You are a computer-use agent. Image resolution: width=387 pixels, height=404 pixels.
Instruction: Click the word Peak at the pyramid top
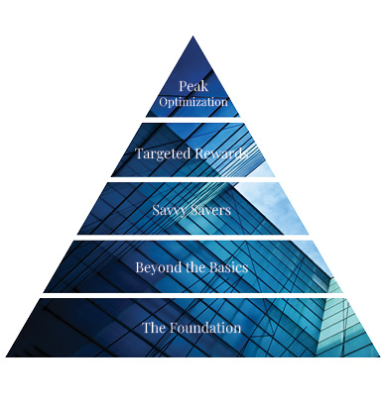click(x=193, y=87)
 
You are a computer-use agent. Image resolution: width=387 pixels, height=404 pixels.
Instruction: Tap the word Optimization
click(x=193, y=102)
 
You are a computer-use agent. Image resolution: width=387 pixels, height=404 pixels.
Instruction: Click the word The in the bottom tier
click(x=155, y=327)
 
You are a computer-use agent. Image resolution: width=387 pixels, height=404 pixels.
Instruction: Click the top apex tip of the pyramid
click(x=193, y=37)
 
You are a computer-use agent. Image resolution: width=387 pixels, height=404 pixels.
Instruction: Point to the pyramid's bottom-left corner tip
click(x=7, y=355)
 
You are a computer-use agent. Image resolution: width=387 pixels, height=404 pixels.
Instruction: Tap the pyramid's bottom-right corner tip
click(x=380, y=355)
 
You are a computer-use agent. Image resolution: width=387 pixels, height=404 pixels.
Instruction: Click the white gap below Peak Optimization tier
click(x=193, y=119)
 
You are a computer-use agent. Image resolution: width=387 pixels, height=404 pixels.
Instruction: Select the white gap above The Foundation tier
click(x=193, y=294)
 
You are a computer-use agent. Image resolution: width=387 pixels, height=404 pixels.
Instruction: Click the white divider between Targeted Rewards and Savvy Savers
click(x=193, y=178)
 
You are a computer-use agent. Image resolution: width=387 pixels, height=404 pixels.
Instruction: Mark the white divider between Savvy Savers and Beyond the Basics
click(x=193, y=237)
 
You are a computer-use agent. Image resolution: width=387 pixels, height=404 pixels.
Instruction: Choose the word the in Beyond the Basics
click(x=193, y=267)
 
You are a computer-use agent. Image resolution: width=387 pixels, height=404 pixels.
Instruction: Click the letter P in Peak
click(x=182, y=87)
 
